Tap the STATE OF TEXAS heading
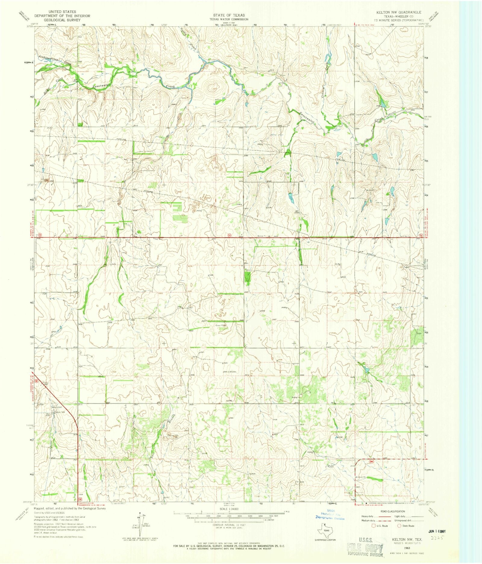click(x=229, y=15)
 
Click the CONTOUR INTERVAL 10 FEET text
click(x=229, y=525)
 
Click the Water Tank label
click(x=57, y=412)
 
